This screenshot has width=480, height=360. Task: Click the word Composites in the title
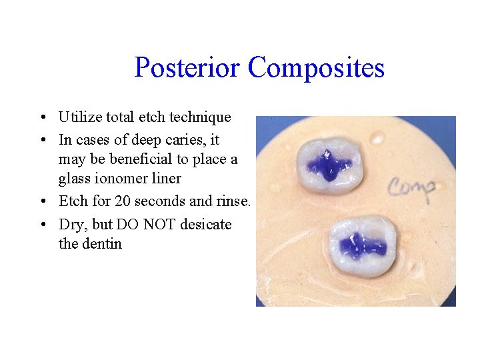316,68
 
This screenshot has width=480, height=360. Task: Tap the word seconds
159,201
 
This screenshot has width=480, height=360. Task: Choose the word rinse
234,201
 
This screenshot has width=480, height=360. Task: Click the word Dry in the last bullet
70,225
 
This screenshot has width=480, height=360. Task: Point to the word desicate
207,225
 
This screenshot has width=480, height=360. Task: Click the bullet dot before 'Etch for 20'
42,202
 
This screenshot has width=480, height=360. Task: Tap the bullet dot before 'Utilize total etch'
42,118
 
